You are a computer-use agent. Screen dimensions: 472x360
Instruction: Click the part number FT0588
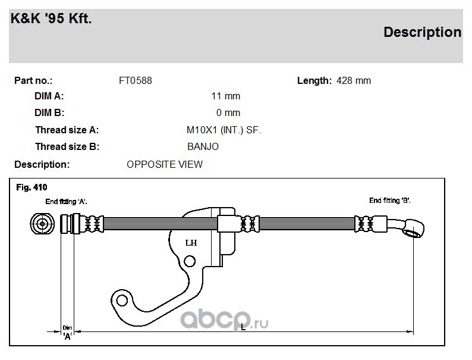(136, 81)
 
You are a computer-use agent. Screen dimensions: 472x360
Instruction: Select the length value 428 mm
(354, 81)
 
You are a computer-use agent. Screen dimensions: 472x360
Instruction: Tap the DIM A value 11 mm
(226, 96)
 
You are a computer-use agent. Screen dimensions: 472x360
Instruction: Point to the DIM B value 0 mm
(228, 112)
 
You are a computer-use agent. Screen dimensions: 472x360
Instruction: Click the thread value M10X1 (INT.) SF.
(224, 130)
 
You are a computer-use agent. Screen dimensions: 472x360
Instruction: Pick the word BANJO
(203, 147)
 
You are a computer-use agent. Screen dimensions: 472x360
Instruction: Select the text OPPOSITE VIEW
(165, 164)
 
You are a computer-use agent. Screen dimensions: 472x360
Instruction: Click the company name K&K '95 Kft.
(51, 18)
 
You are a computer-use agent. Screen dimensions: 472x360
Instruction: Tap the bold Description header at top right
(422, 32)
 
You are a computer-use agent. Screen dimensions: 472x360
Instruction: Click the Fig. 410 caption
(32, 187)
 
